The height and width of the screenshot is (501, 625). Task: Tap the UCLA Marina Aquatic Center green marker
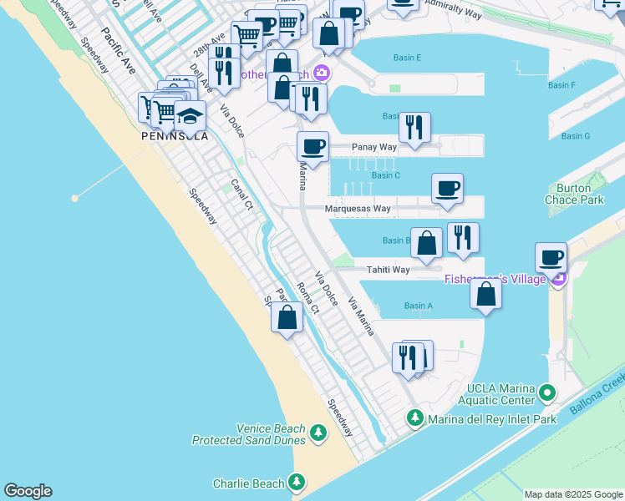pyautogui.click(x=547, y=392)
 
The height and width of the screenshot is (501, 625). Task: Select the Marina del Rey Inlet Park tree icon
pyautogui.click(x=415, y=417)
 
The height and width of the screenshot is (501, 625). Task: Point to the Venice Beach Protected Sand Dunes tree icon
pyautogui.click(x=318, y=433)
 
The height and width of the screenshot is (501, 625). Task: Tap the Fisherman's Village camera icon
pyautogui.click(x=559, y=278)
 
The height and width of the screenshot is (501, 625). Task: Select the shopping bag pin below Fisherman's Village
pyautogui.click(x=485, y=294)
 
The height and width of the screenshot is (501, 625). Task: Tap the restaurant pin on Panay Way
pyautogui.click(x=414, y=127)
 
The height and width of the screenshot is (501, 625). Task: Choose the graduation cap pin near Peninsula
pyautogui.click(x=191, y=116)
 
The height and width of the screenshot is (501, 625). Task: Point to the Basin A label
pyautogui.click(x=419, y=306)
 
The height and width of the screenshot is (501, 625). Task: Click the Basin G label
pyautogui.click(x=576, y=136)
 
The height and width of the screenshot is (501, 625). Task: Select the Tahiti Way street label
pyautogui.click(x=389, y=270)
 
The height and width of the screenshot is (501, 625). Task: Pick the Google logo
pyautogui.click(x=28, y=491)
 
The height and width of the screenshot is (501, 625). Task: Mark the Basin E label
pyautogui.click(x=407, y=58)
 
